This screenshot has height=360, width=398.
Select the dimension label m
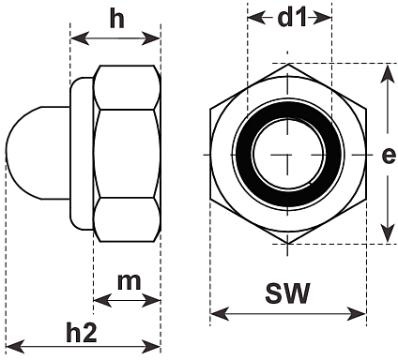tap(130, 282)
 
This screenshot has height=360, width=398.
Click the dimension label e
tap(389, 156)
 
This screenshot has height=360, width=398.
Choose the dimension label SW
tap(288, 293)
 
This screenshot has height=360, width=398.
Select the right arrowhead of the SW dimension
tap(357, 313)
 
